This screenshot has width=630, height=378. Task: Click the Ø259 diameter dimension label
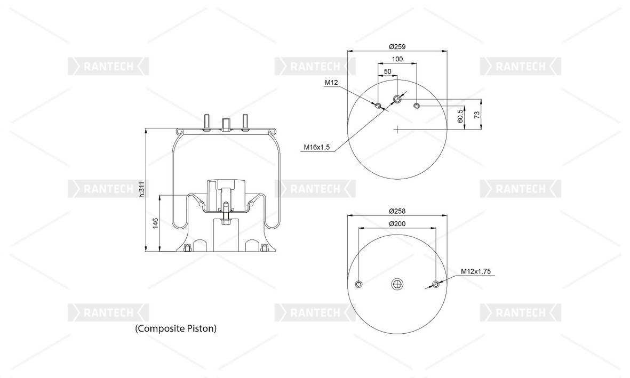(x=397, y=46)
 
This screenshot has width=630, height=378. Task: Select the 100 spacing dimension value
(x=397, y=59)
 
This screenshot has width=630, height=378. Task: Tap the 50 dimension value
(x=387, y=71)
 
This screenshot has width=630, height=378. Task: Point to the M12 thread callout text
(x=331, y=82)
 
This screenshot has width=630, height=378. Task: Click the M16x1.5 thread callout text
(x=317, y=148)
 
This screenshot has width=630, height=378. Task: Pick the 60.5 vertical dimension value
(x=460, y=116)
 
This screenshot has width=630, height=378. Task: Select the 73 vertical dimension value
(x=477, y=115)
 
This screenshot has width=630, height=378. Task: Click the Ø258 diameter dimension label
(x=397, y=211)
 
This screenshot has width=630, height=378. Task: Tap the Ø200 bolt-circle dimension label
(x=397, y=224)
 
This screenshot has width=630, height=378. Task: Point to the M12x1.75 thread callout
(x=476, y=271)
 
